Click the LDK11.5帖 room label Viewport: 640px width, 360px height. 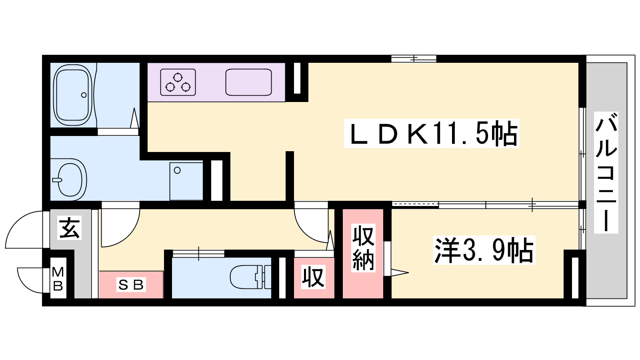432,134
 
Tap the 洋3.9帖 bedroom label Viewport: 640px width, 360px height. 484,250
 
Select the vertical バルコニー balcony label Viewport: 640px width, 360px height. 606,172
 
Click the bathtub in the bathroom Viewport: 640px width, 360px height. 74,95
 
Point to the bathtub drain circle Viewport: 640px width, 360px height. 84,95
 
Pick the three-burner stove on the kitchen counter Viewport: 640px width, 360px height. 178,82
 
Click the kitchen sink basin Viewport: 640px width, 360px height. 248,82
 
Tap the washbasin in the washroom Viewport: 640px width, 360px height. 70,180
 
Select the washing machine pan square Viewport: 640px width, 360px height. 186,182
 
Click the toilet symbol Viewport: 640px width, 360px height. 250,276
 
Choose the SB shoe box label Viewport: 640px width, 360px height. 131,284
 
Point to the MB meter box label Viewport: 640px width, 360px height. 58,278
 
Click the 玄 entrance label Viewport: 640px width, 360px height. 69,228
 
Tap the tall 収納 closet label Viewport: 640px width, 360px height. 363,248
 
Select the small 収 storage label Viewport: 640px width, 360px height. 314,277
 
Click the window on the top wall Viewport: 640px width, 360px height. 414,59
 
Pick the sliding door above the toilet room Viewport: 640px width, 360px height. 198,254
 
